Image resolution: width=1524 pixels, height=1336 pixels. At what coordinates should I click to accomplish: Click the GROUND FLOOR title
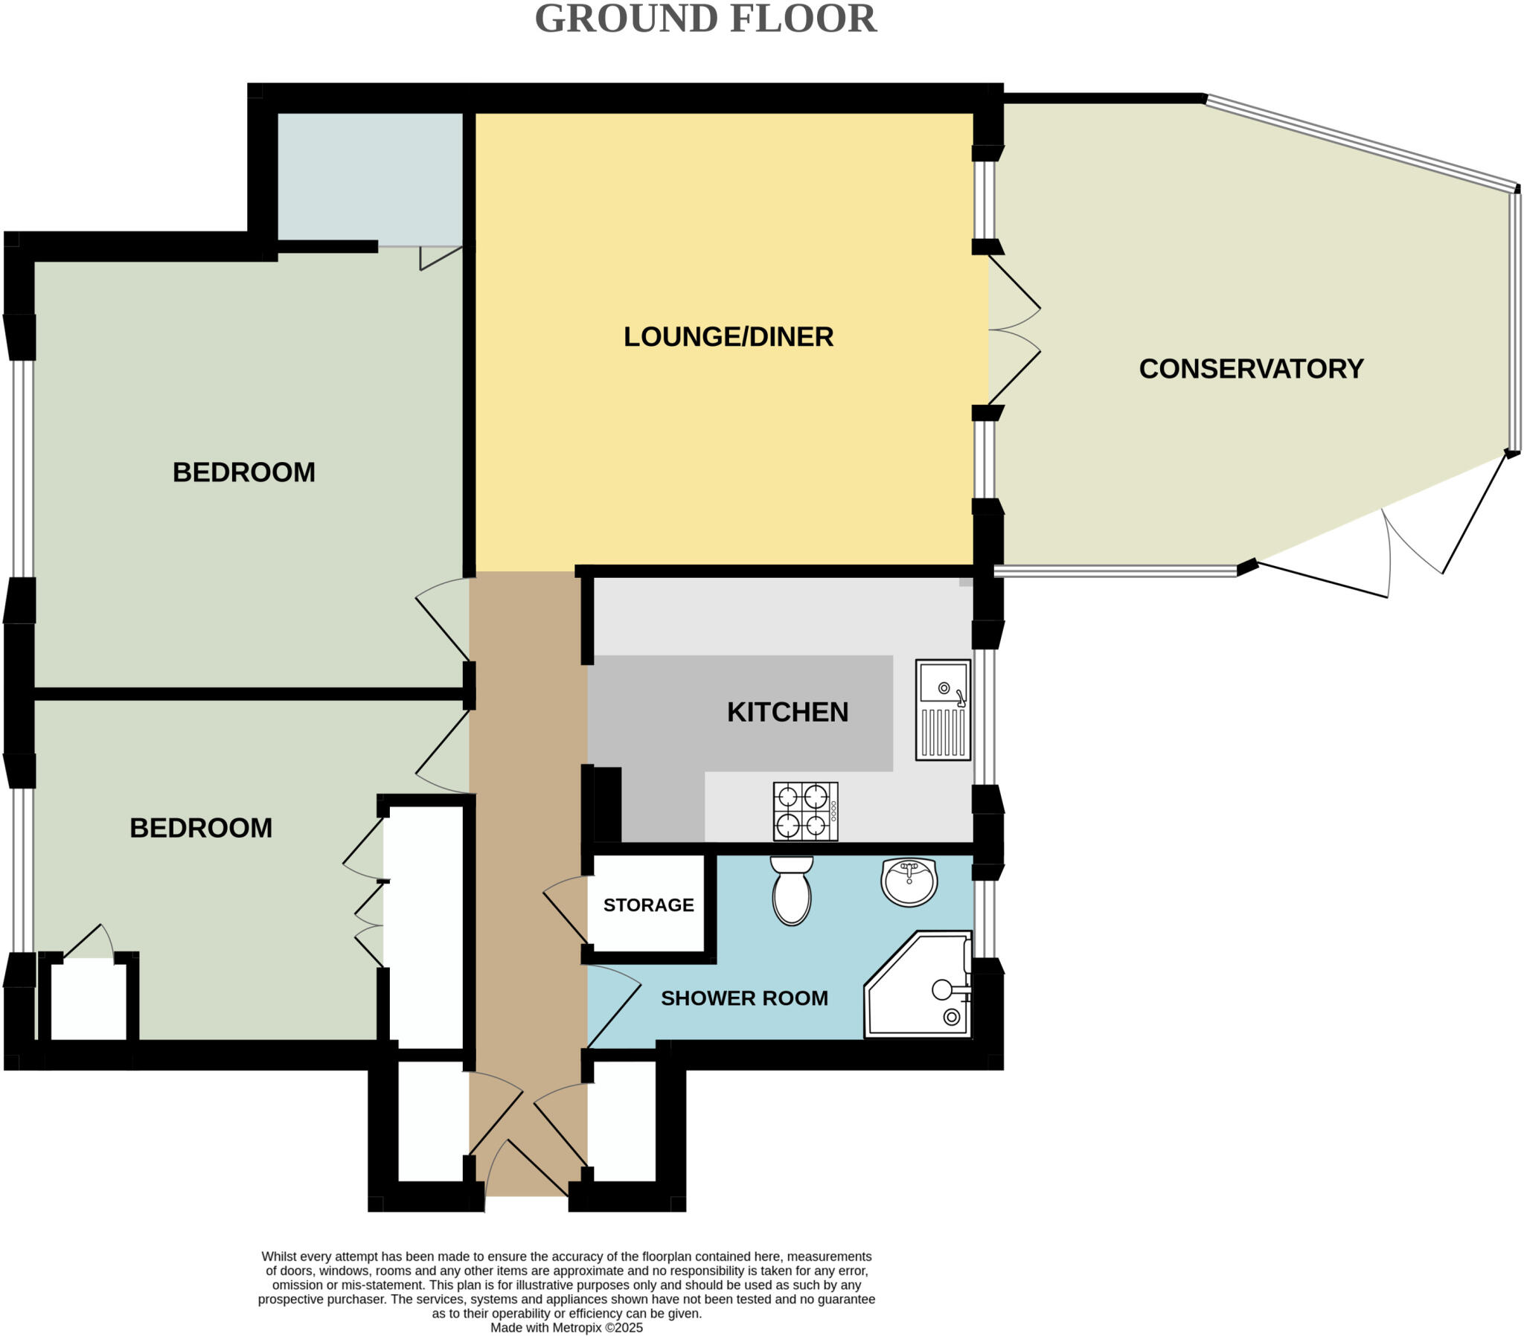[x=705, y=19]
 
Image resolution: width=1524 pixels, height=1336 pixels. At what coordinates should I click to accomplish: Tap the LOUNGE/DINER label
[x=728, y=337]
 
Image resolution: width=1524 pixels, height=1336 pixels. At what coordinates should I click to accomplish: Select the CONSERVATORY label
[x=1250, y=369]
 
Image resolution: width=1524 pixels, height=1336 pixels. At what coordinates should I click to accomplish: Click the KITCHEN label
[x=787, y=712]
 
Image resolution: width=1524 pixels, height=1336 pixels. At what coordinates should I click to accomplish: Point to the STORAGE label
[x=648, y=905]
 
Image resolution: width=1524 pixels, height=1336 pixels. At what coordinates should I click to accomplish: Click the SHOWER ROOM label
[x=744, y=998]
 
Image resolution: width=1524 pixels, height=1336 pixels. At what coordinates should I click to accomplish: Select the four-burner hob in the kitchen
[x=805, y=811]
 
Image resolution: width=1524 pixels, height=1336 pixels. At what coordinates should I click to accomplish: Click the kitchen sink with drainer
[x=942, y=710]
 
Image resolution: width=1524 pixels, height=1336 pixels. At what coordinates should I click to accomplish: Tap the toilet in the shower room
[x=791, y=891]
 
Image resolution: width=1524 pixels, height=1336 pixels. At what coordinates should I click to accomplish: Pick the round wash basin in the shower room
[x=909, y=881]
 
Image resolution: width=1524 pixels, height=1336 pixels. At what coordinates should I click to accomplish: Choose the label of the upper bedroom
[x=244, y=472]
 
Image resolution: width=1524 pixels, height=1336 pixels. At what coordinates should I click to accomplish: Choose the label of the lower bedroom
[x=201, y=828]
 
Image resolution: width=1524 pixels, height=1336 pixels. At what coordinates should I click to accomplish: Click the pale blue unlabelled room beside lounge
[x=370, y=179]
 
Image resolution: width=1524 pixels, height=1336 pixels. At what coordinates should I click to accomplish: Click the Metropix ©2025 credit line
[x=566, y=1328]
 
